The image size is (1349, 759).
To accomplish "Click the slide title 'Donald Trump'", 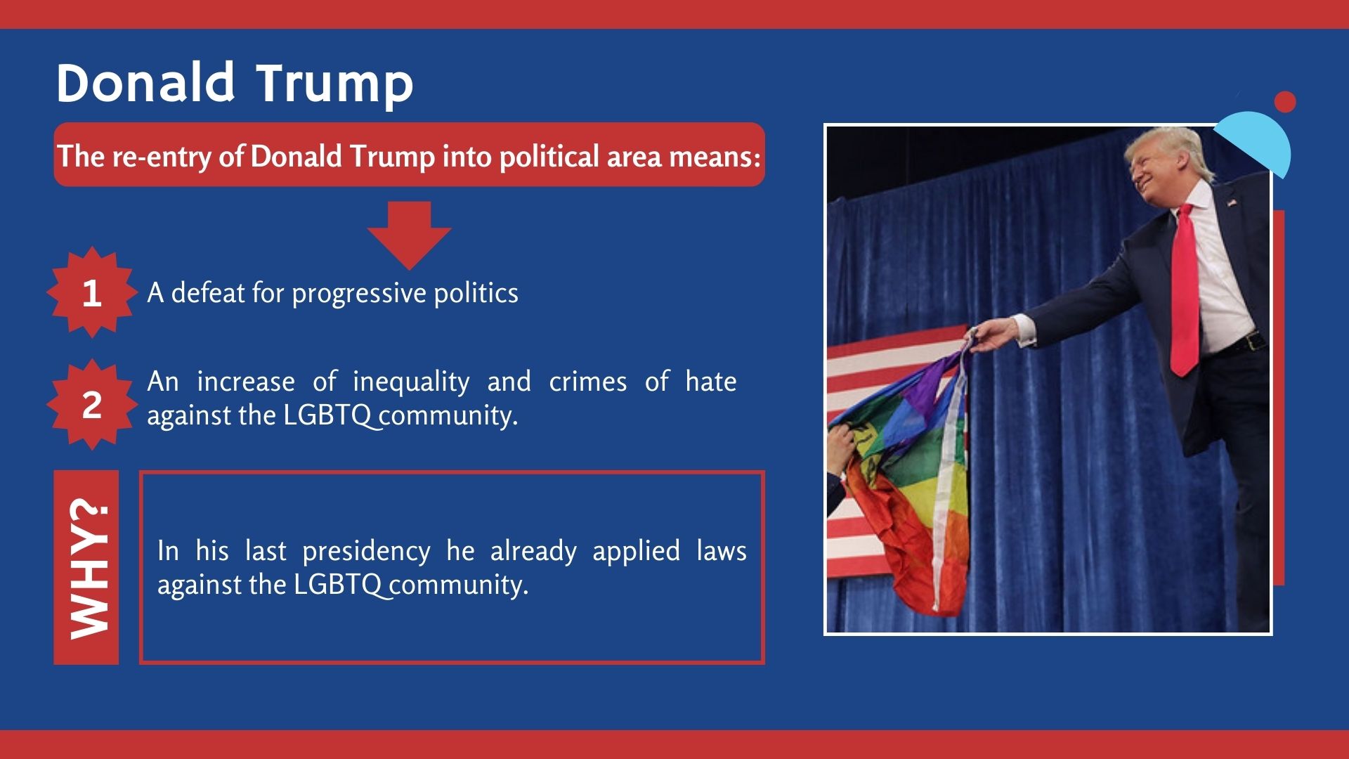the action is click(235, 84).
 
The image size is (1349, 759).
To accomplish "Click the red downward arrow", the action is click(409, 235).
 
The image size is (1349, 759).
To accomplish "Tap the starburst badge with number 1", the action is click(91, 292).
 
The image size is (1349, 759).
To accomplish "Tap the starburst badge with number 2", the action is click(91, 405).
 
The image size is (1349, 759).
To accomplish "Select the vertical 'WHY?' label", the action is click(86, 568).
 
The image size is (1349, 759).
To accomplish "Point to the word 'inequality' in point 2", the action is click(411, 382).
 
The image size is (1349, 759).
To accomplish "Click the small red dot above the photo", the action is click(1285, 102).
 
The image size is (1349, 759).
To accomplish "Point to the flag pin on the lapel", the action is click(1232, 203).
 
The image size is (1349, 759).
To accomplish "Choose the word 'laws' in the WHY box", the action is click(722, 551).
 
